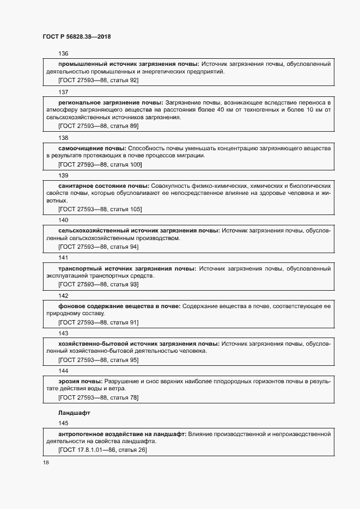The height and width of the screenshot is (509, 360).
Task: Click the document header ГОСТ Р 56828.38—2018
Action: [x=77, y=36]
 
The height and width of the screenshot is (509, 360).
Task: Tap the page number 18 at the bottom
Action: [x=45, y=462]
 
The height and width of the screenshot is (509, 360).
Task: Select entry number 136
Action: [x=63, y=53]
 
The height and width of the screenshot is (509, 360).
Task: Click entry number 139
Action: [x=63, y=175]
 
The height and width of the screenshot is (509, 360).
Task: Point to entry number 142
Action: [x=63, y=296]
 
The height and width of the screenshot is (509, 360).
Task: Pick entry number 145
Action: [x=63, y=422]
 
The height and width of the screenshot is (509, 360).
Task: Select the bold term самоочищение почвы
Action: [x=92, y=148]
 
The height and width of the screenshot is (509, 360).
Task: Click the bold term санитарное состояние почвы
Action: [x=103, y=186]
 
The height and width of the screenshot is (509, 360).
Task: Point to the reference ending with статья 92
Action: [x=98, y=80]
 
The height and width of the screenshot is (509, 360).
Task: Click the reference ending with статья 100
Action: [x=100, y=164]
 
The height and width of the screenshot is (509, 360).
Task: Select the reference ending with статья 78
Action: [x=98, y=397]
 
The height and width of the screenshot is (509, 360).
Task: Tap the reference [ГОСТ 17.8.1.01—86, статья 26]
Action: [x=102, y=450]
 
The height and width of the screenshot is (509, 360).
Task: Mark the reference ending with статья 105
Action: [x=100, y=209]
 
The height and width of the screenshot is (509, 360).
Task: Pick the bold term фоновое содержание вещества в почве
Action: [x=119, y=306]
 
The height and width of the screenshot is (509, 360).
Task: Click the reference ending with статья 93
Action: [x=98, y=284]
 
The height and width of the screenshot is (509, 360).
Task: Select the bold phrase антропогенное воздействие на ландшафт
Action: [x=122, y=433]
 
